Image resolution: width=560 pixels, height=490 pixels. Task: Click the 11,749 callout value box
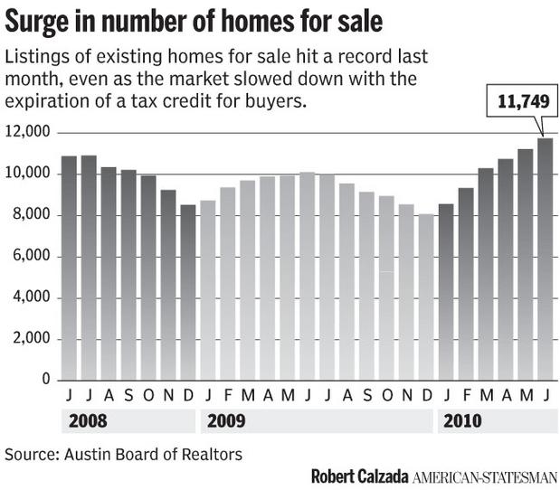523,103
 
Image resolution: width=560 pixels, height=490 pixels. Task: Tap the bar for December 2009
426,297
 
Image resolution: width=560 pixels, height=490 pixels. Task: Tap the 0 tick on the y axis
44,381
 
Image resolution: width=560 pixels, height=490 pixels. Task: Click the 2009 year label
225,421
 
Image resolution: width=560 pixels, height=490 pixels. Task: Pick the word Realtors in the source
212,453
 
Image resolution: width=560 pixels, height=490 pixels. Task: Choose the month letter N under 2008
168,396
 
